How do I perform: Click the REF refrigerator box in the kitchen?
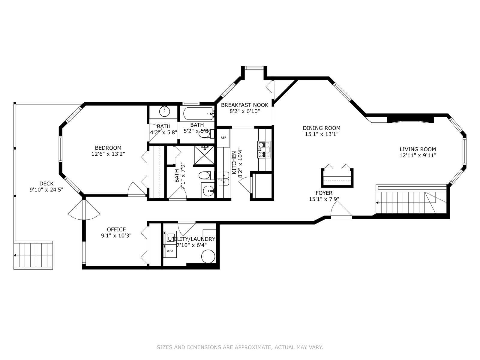(223, 138)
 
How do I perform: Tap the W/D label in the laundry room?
(170, 251)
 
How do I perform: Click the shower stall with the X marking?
(204, 155)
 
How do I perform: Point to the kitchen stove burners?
(264, 150)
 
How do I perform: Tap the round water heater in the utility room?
(208, 256)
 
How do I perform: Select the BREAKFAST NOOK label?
(244, 105)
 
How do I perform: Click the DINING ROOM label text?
(322, 128)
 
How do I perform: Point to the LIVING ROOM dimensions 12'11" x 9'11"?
(418, 155)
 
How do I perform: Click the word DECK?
(46, 184)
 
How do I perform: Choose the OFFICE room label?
(116, 229)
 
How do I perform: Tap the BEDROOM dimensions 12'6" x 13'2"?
(108, 154)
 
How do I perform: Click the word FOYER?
(324, 193)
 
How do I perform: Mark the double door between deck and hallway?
(84, 209)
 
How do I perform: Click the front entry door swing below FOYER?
(341, 210)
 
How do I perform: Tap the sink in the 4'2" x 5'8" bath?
(164, 112)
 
